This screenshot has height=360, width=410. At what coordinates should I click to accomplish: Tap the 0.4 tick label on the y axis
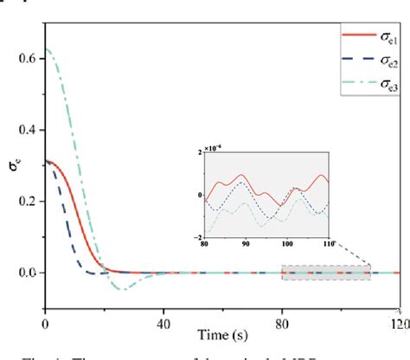[x=29, y=130]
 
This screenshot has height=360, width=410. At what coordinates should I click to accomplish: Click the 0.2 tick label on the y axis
[x=29, y=201]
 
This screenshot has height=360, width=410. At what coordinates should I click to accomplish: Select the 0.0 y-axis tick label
[x=29, y=273]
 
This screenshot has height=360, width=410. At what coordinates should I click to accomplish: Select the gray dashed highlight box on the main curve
[x=326, y=273]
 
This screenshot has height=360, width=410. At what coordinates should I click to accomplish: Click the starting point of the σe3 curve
[x=46, y=50]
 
